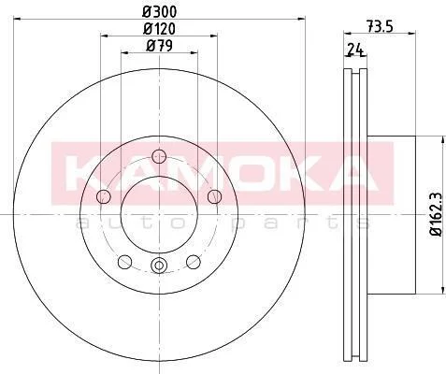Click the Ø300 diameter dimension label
tap(160, 12)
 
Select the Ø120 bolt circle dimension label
tap(159, 29)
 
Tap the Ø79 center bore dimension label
tap(159, 46)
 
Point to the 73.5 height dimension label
tap(380, 26)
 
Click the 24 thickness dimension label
tap(355, 50)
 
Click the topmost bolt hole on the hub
tap(159, 156)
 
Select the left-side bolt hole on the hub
tap(104, 196)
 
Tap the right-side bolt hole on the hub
tap(214, 196)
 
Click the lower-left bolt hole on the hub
tap(125, 262)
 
